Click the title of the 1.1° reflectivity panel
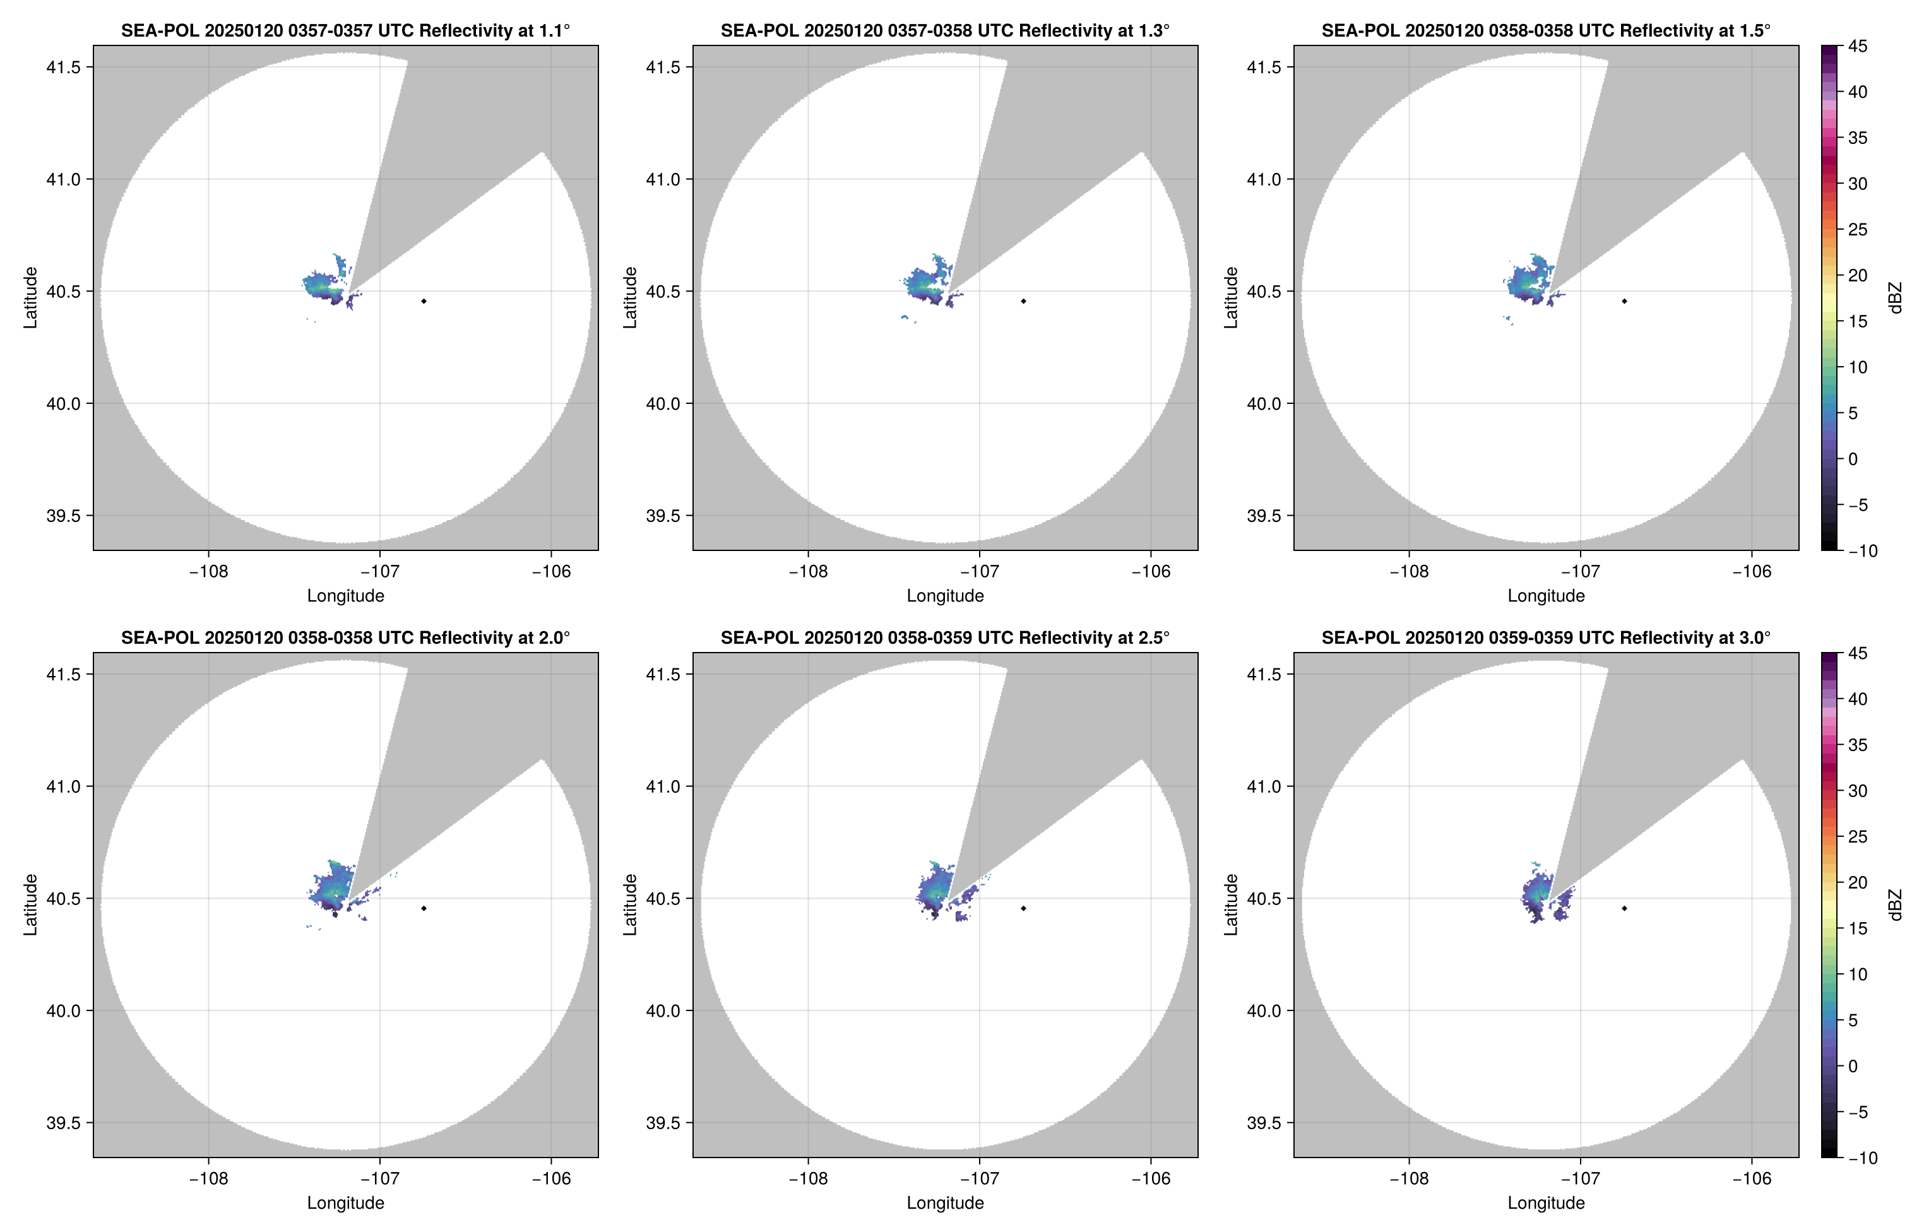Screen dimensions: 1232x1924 (345, 30)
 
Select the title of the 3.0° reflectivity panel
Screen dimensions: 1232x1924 (1546, 637)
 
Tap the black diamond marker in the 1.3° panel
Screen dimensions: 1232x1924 (1023, 302)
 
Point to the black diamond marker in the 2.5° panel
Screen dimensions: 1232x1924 (1023, 909)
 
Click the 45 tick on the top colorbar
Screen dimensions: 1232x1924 (1858, 47)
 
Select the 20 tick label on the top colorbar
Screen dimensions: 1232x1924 (1858, 275)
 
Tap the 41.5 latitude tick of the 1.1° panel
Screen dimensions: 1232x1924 (63, 67)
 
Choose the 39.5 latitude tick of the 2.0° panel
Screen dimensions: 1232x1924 (63, 1122)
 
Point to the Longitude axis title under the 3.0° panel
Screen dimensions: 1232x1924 (1546, 1202)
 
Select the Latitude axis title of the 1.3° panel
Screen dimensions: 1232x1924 (631, 298)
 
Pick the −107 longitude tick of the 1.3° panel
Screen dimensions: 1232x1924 (978, 571)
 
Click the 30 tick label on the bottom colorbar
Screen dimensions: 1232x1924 (1858, 790)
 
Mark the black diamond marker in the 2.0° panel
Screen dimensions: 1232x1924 (423, 909)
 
